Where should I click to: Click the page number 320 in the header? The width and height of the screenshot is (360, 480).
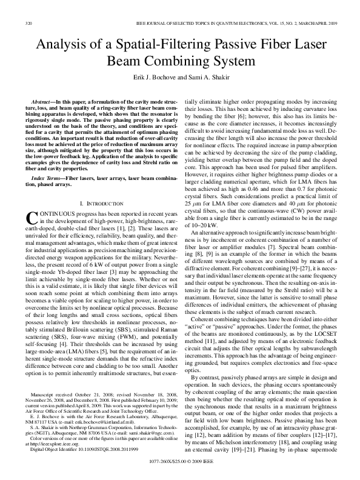[28, 24]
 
